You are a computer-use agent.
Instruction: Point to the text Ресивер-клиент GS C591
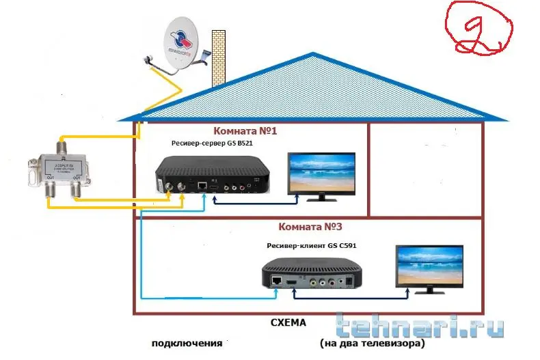(312, 245)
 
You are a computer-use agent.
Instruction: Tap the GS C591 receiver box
(312, 270)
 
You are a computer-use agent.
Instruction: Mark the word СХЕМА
(288, 322)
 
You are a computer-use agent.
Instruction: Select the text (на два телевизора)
(372, 342)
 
